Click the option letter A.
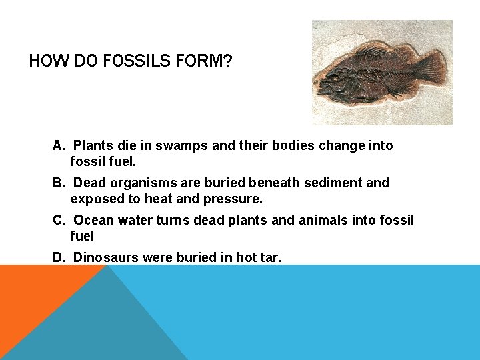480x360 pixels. (x=58, y=145)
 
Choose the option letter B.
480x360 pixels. (x=58, y=183)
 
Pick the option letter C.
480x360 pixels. (x=58, y=220)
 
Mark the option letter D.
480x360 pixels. (x=58, y=257)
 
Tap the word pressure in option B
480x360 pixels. (x=236, y=199)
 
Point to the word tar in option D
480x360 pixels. (x=271, y=257)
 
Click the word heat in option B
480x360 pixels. (x=164, y=199)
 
